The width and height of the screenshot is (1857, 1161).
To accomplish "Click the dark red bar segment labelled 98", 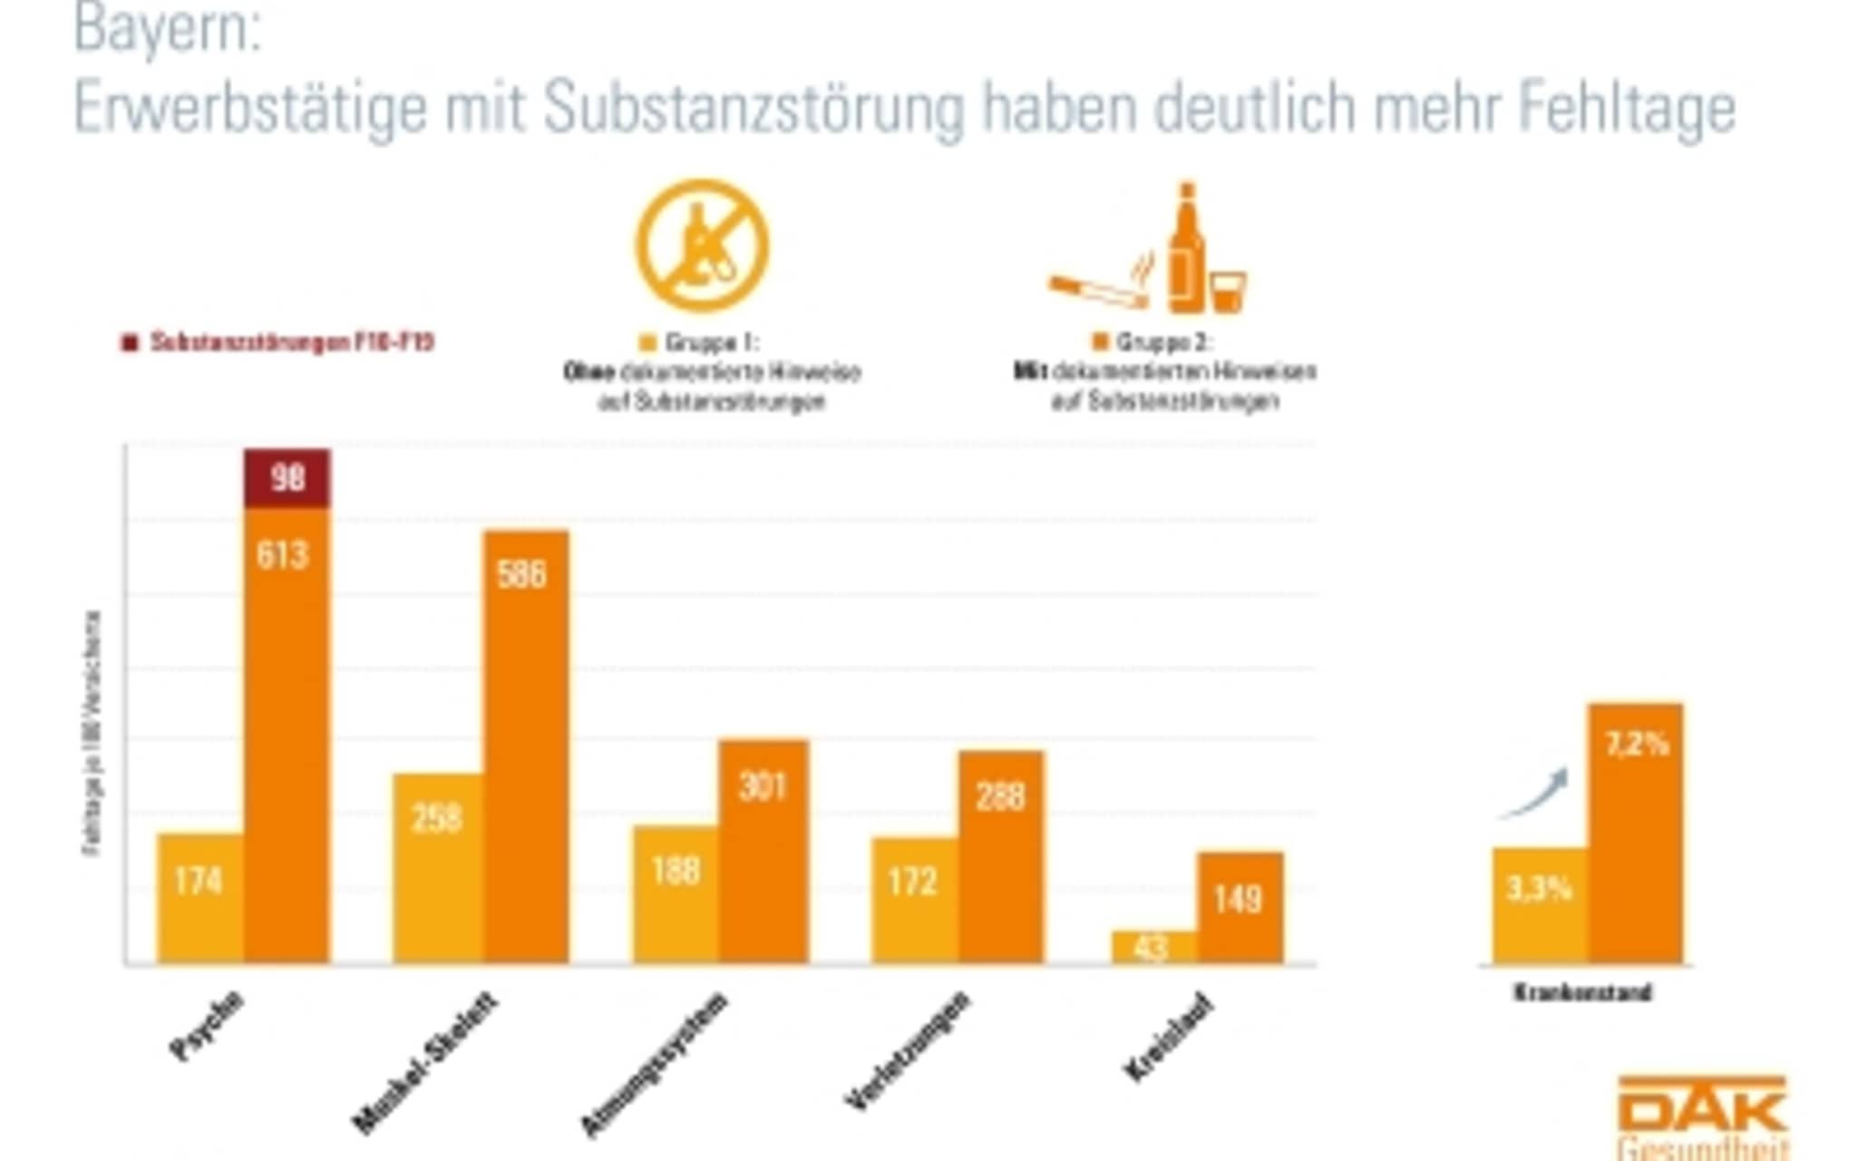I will point(287,478).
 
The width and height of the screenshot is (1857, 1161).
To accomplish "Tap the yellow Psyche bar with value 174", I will point(200,898).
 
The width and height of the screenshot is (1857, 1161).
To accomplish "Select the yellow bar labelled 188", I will point(676,894).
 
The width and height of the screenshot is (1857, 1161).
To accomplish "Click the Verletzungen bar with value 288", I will point(1001,856).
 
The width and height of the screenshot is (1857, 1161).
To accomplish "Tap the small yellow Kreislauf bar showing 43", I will point(1153,947).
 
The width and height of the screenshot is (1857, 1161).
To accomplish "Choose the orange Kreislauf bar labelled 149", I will point(1240,907).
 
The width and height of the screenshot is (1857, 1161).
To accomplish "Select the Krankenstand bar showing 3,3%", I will point(1540,905).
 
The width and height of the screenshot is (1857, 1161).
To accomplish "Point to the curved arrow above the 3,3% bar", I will point(1535,794).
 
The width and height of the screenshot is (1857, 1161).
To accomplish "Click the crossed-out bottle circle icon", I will point(702,245).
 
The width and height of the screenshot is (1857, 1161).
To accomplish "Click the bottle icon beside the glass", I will point(1185,249).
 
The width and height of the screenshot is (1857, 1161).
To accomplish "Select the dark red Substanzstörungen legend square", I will point(130,343).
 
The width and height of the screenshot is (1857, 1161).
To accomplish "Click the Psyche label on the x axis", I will point(208,1025).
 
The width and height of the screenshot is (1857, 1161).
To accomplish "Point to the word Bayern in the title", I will point(167,29).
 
